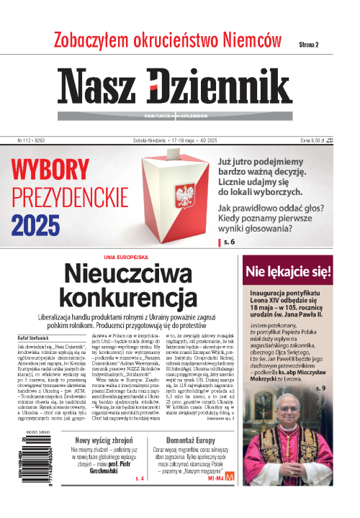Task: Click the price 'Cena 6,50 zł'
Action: click(328, 141)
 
